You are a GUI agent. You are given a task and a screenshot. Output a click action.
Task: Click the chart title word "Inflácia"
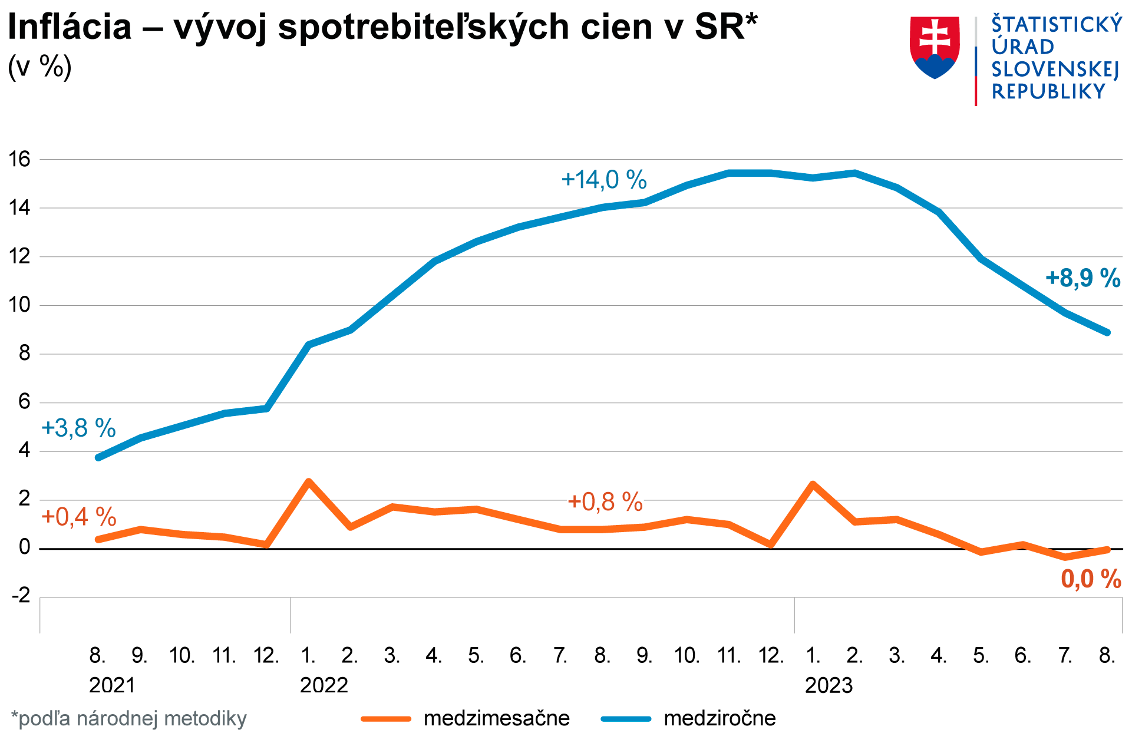(70, 27)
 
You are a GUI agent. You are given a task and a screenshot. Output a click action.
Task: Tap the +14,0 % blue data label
(604, 180)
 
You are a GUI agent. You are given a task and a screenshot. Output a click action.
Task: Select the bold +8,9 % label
(1083, 278)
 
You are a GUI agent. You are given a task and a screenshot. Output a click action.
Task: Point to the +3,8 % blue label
(78, 428)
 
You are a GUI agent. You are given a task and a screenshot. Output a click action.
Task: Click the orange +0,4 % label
(78, 517)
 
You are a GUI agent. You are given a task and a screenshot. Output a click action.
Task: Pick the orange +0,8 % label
(605, 502)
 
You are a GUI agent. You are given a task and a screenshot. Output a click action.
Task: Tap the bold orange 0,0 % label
(1091, 579)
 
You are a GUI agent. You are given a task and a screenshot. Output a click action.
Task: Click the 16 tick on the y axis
(19, 159)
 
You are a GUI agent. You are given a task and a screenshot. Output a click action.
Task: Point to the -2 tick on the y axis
(21, 596)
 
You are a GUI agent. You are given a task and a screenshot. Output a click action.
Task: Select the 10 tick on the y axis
(19, 305)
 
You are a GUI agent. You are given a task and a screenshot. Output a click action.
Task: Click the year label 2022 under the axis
(324, 685)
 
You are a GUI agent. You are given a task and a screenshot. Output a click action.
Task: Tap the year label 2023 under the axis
(829, 685)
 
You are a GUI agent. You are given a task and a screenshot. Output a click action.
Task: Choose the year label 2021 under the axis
(112, 685)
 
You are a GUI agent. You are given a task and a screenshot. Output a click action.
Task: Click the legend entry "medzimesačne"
(496, 718)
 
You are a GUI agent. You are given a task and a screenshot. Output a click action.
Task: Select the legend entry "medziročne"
(720, 718)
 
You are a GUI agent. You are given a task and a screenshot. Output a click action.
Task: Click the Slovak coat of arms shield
(935, 47)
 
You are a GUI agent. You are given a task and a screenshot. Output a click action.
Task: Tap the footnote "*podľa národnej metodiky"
(128, 719)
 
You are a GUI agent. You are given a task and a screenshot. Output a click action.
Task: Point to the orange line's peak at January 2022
(308, 482)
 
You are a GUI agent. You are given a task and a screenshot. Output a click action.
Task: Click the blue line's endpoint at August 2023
(1107, 332)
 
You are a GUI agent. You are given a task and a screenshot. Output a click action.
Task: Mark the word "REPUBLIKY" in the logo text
(1048, 92)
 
